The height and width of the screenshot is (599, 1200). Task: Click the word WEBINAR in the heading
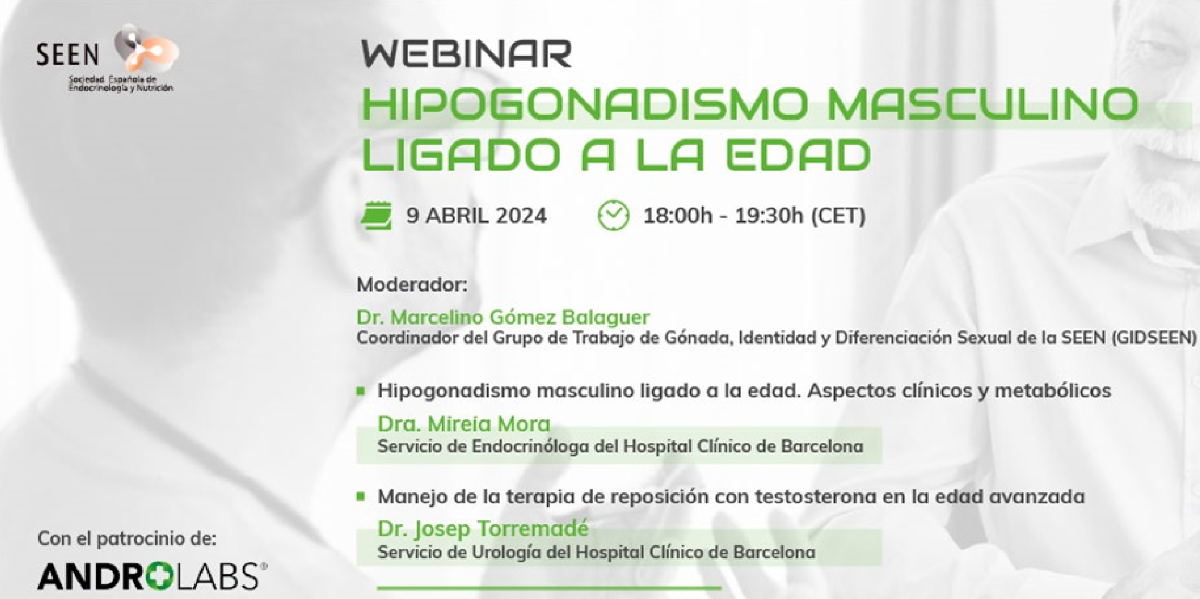click(x=467, y=54)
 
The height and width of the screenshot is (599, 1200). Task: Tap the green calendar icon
click(x=377, y=215)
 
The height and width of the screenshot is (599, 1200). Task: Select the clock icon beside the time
click(x=613, y=215)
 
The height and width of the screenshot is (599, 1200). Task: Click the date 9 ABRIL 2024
click(x=476, y=215)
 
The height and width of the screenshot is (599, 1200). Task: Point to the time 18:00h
click(x=677, y=215)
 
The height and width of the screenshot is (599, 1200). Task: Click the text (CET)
click(x=838, y=215)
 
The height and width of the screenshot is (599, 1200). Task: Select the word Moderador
click(x=412, y=284)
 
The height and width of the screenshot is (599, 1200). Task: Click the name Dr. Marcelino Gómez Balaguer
click(x=503, y=316)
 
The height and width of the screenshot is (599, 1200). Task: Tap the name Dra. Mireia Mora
click(x=464, y=424)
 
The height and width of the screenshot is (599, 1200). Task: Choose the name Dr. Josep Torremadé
click(x=483, y=528)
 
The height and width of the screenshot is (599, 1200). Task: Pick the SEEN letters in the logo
click(x=67, y=55)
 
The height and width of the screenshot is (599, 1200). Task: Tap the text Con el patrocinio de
click(x=127, y=538)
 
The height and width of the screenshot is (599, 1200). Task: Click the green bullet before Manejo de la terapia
click(x=360, y=496)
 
